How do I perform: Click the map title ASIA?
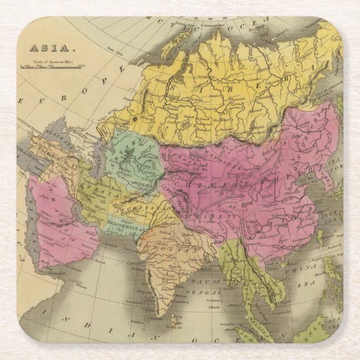coord(40,49)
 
